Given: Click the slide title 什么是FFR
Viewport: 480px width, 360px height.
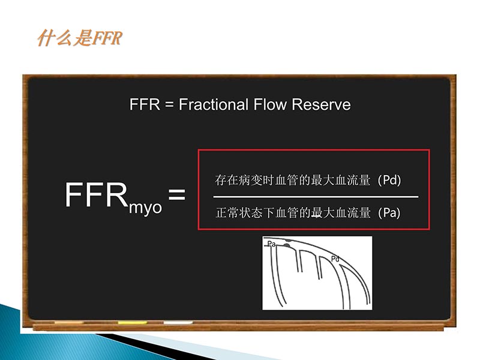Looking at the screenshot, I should pos(79,39).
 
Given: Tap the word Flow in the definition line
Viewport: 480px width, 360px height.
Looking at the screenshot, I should pos(268,104).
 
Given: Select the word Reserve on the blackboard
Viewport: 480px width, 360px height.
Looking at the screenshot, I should pos(321,104).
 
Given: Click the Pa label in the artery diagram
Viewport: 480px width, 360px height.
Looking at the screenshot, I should pos(271,244).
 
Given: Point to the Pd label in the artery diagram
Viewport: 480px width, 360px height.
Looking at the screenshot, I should pos(336,259).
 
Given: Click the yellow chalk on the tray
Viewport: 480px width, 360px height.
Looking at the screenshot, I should pos(132,323).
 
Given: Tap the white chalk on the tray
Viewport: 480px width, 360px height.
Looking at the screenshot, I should pos(178,323).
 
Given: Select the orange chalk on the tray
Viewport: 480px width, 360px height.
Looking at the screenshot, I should pos(70,323).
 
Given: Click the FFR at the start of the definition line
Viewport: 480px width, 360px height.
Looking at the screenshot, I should pos(144,104).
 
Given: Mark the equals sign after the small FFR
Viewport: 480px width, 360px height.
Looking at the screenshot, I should pos(169,105).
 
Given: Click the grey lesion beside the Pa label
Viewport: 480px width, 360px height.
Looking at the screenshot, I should pos(287,244).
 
